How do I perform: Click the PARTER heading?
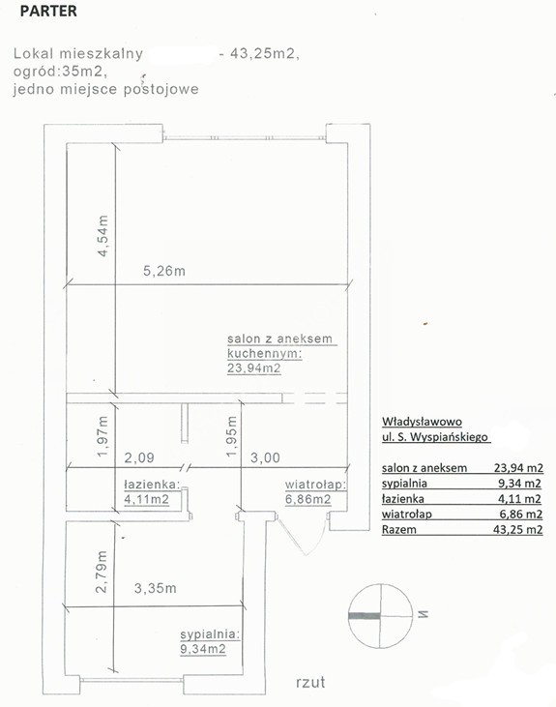tap(48, 11)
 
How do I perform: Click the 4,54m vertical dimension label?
tap(103, 236)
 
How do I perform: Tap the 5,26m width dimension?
tap(164, 271)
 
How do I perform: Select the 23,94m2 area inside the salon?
tap(254, 368)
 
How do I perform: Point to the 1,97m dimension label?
tap(102, 436)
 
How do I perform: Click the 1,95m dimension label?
tap(231, 436)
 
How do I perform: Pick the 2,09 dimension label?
tap(139, 457)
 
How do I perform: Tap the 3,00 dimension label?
tap(265, 457)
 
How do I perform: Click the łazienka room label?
tap(152, 485)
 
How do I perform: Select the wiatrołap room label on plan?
tap(315, 485)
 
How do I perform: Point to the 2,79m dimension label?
tap(102, 572)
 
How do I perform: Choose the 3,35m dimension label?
tap(155, 588)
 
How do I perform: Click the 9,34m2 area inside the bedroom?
tap(203, 649)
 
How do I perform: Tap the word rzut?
tap(310, 682)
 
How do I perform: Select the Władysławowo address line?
tap(422, 422)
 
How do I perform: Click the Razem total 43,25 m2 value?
tap(517, 529)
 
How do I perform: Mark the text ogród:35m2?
tap(60, 72)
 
